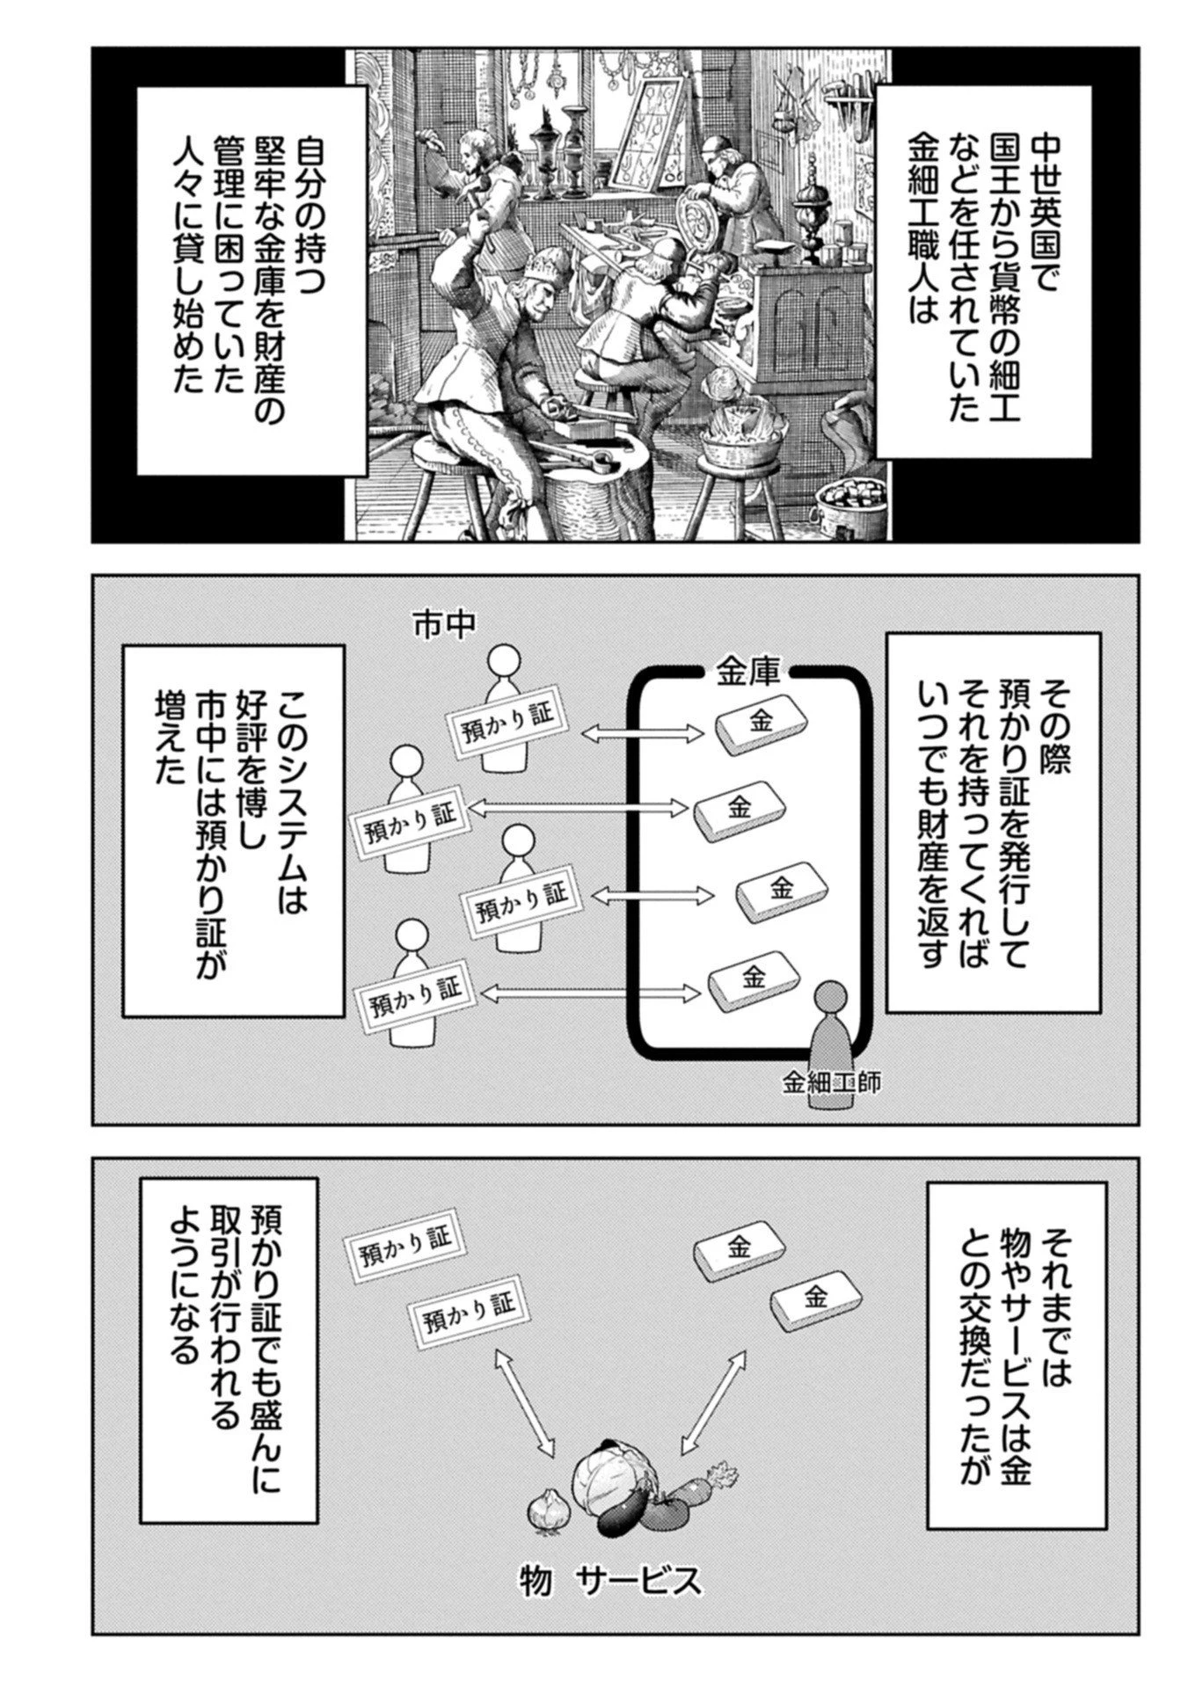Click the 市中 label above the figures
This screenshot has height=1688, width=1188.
tap(444, 623)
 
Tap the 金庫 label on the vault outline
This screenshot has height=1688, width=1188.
tap(742, 673)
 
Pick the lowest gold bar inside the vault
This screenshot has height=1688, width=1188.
tap(753, 978)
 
